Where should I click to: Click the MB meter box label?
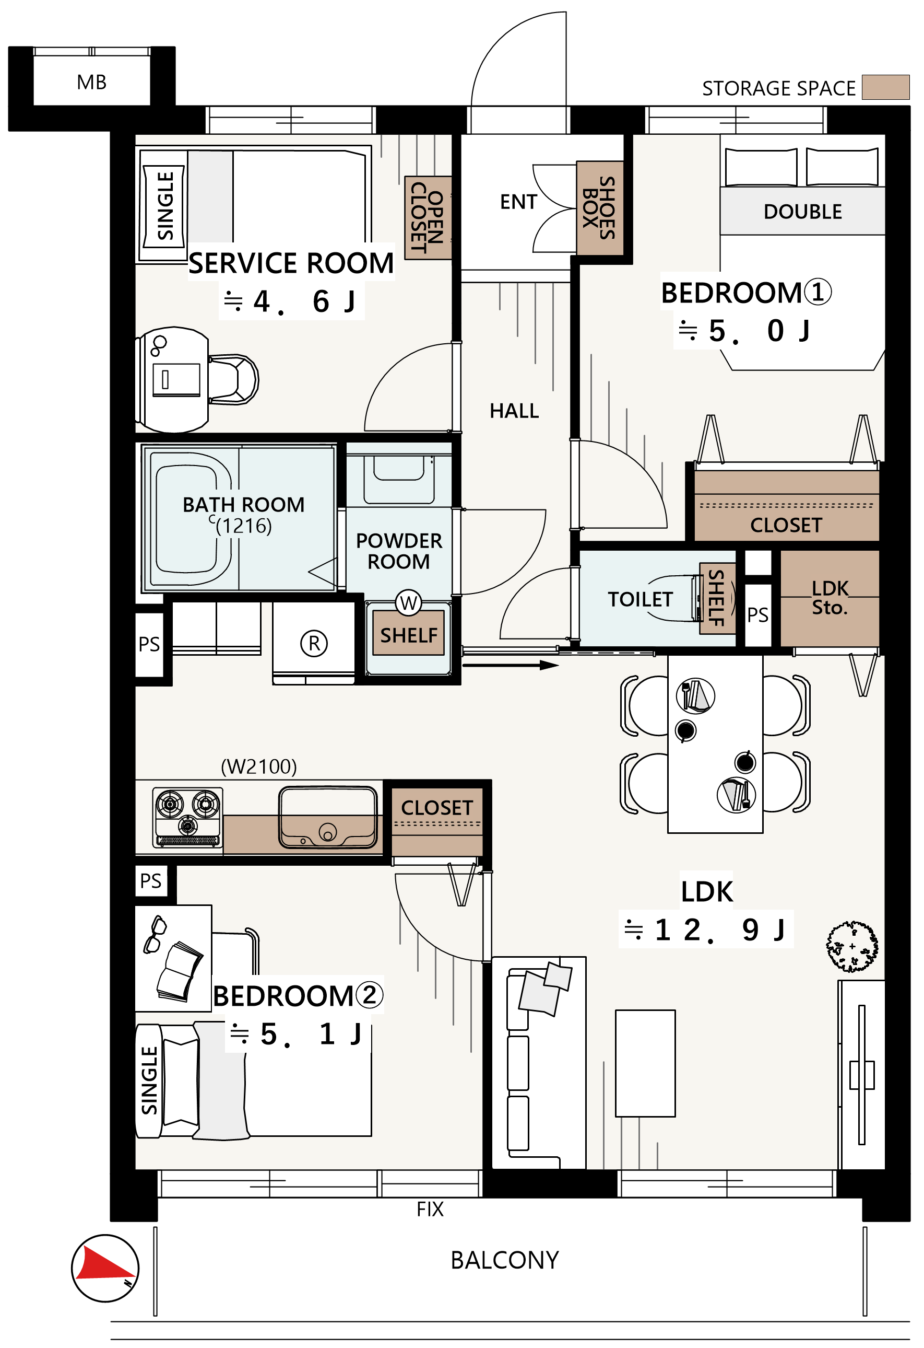[91, 83]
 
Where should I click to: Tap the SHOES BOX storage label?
[599, 208]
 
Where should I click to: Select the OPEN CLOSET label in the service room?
[427, 217]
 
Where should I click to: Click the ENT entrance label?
[518, 202]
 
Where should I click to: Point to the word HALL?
[514, 411]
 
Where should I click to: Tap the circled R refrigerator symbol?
[314, 643]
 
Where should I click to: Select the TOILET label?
[640, 599]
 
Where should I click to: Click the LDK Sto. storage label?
[830, 598]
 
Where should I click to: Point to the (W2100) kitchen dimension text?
[258, 767]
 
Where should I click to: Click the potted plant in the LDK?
[851, 947]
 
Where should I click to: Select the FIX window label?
[430, 1210]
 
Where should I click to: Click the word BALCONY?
[504, 1260]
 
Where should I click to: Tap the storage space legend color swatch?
[885, 88]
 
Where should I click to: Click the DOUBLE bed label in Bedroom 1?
[802, 212]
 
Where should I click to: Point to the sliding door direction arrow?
[510, 665]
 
